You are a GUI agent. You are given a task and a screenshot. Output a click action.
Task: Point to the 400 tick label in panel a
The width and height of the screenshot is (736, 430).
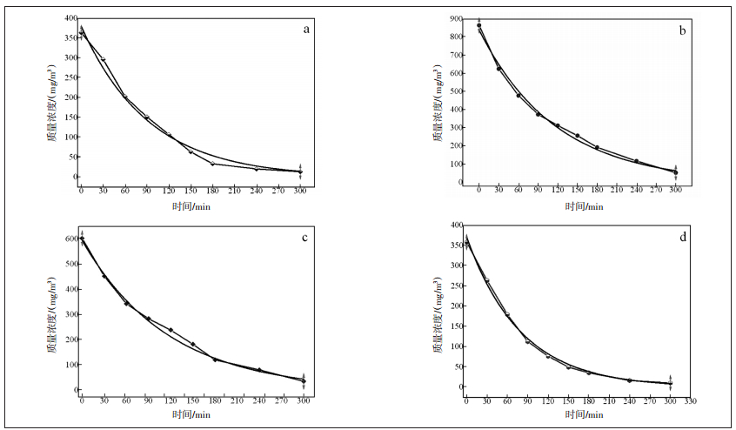tap(67, 18)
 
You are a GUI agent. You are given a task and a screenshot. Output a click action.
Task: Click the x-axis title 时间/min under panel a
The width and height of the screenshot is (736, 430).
tap(191, 205)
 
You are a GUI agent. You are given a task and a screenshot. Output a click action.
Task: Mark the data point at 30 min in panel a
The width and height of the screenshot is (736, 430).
tap(104, 59)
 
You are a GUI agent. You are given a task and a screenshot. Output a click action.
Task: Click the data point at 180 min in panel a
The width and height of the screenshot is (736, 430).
tap(212, 164)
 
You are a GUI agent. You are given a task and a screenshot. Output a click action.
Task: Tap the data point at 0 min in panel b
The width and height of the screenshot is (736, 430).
tap(479, 25)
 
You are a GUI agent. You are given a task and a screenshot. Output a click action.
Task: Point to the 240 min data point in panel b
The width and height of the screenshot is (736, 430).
tap(636, 161)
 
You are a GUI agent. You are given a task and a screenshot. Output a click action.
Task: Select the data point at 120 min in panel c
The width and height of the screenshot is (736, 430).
tap(171, 330)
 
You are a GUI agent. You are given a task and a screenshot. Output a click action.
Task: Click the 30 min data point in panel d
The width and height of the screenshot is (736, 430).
tap(487, 280)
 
